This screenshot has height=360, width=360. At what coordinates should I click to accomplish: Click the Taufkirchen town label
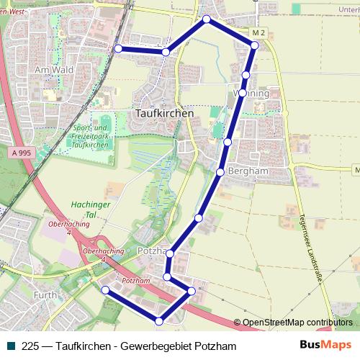click(164, 113)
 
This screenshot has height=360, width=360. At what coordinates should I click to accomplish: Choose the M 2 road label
click(260, 33)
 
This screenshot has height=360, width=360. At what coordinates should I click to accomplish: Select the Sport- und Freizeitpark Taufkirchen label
click(90, 136)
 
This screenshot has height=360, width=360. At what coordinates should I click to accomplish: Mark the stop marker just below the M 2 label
click(254, 45)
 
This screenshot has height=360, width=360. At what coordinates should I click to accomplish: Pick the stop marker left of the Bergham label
click(220, 171)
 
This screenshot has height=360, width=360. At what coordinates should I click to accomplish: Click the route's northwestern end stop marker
click(118, 48)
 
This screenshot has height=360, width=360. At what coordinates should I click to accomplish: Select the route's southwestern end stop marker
click(105, 289)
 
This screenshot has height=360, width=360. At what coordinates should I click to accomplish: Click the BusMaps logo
click(325, 346)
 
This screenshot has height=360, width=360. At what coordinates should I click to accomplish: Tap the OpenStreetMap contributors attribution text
click(297, 323)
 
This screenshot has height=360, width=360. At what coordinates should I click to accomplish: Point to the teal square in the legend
click(10, 346)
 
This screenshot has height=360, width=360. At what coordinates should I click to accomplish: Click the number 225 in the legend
click(31, 346)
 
